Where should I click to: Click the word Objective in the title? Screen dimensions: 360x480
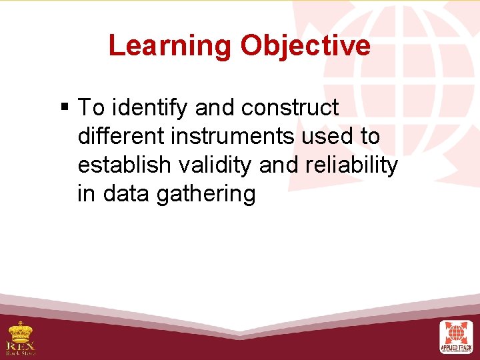tap(305, 45)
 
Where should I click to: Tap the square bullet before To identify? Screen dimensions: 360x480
tap(64, 107)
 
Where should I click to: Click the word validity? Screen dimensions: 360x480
tap(211, 165)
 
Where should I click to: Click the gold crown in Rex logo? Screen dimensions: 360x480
tap(21, 330)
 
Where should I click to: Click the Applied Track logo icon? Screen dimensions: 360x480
tap(456, 333)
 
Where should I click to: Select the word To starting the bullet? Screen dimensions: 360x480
tap(91, 107)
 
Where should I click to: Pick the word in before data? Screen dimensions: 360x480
tap(85, 194)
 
